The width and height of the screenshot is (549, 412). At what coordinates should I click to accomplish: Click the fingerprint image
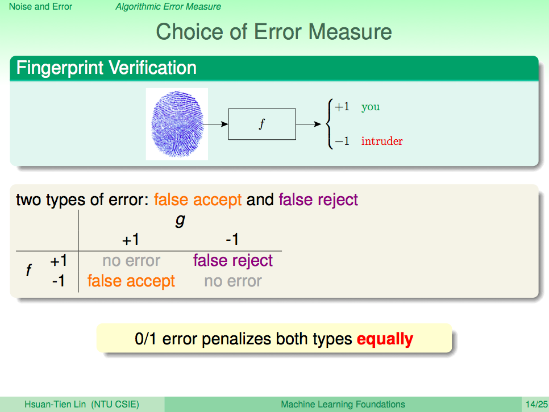point(177,124)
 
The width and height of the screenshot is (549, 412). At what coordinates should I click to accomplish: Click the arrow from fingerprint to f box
point(215,124)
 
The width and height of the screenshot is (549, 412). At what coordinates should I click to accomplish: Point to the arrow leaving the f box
point(309,124)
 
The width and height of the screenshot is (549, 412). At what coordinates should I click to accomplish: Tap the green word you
point(371,106)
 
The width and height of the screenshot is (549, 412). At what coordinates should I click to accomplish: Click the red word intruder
point(382,141)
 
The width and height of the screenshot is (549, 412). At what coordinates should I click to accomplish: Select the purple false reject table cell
point(233,260)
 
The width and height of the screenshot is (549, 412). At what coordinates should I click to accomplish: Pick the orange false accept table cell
point(131,281)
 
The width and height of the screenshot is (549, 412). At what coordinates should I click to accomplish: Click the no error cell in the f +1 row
point(131,261)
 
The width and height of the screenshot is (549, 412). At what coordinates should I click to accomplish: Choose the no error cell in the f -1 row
point(233,281)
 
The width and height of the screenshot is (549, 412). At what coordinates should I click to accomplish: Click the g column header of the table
point(180,220)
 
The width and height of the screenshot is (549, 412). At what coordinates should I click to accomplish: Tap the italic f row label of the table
point(29,270)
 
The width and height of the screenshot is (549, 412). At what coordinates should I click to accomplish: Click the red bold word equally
point(385,339)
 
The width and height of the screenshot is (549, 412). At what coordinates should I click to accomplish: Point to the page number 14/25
point(536,404)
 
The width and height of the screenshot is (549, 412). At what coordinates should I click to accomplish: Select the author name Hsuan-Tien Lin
point(55,404)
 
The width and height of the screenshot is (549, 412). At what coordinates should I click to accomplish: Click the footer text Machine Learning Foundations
point(343,404)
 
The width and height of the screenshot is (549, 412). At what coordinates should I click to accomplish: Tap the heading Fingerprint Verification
point(106,68)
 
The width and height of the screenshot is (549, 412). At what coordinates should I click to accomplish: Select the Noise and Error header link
point(40,7)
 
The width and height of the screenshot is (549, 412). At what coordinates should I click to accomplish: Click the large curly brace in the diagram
point(329,124)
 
